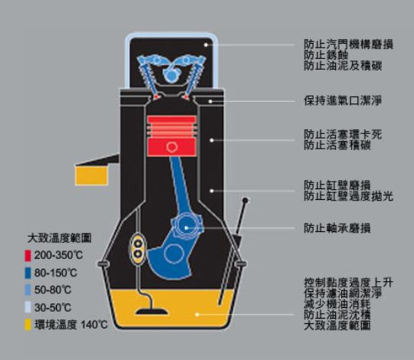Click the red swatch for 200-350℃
(28, 256)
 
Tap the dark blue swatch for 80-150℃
(28, 273)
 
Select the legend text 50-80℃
(53, 290)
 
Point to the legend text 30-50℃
(53, 307)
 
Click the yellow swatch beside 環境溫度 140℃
(28, 325)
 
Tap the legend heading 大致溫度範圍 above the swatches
(59, 238)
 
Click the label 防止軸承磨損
(337, 228)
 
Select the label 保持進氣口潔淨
(343, 101)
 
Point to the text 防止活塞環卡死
(343, 135)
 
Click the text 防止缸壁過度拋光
(349, 196)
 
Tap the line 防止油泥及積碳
(343, 66)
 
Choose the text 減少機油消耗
(337, 304)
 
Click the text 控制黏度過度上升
(349, 283)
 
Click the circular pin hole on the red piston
(172, 147)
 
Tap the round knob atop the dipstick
(245, 201)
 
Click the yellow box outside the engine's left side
(91, 175)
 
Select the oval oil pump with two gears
(137, 249)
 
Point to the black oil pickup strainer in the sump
(152, 312)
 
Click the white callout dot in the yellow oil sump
(197, 314)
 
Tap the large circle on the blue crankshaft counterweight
(174, 254)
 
